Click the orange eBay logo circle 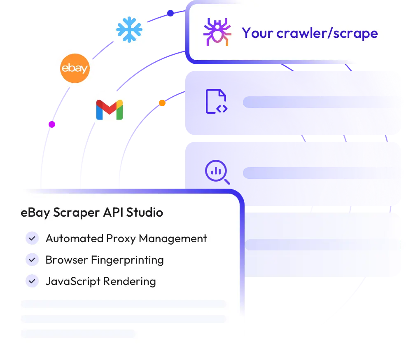click(75, 68)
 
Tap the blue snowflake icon click(129, 30)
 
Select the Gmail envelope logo click(110, 110)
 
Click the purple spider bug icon click(217, 32)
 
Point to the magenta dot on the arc click(52, 124)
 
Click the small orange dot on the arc click(162, 103)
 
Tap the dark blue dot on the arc click(170, 13)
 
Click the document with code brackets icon click(217, 101)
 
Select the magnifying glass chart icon click(217, 172)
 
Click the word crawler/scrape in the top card click(327, 33)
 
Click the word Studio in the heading click(145, 213)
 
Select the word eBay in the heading click(35, 213)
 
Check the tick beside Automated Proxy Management click(32, 238)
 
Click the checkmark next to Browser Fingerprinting click(32, 259)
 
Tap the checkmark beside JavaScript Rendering click(32, 281)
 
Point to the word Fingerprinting click(127, 260)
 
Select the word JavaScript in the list click(73, 281)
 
